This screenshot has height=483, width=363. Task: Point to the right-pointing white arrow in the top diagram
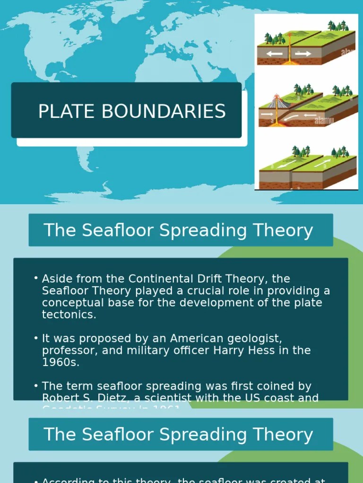pos(303,54)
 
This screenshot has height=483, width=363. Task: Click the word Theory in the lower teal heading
pos(288,434)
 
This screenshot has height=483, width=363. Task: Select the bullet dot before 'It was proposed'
pos(36,339)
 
